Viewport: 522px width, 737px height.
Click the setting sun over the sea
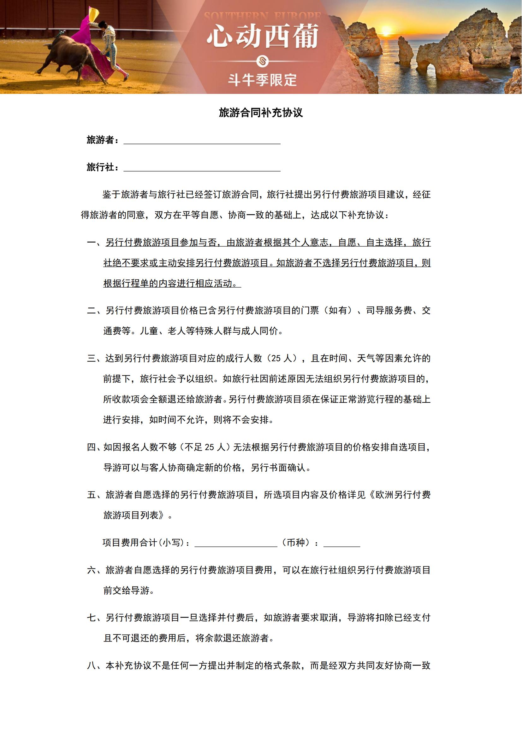(387, 31)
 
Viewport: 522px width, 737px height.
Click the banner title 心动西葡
(262, 36)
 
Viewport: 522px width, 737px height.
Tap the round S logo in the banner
(262, 61)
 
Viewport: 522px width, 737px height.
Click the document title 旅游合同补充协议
(261, 113)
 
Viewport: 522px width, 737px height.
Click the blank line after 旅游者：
(202, 140)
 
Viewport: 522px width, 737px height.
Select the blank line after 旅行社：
(202, 167)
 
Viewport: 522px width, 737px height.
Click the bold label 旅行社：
(103, 167)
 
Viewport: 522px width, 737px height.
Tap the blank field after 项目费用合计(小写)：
(236, 543)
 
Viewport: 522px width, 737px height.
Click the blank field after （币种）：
(341, 543)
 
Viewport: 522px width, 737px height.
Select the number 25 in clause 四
(209, 447)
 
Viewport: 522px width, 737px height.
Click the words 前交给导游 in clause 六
(126, 590)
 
